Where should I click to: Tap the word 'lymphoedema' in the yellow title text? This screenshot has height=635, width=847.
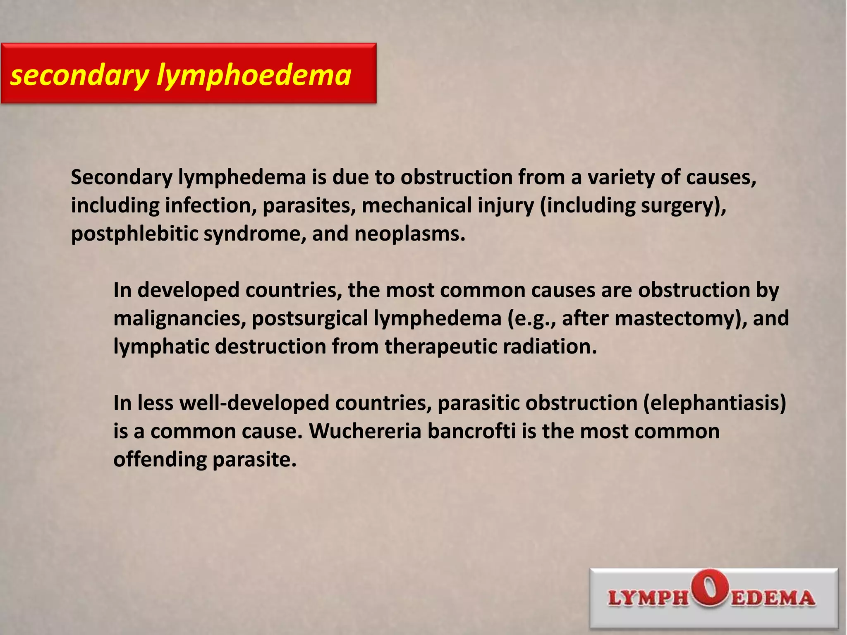tap(254, 76)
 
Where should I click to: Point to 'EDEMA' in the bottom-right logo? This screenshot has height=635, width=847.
tap(773, 598)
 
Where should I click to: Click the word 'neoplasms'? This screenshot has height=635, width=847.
tap(409, 234)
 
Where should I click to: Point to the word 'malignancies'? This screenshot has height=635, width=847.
tap(179, 318)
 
